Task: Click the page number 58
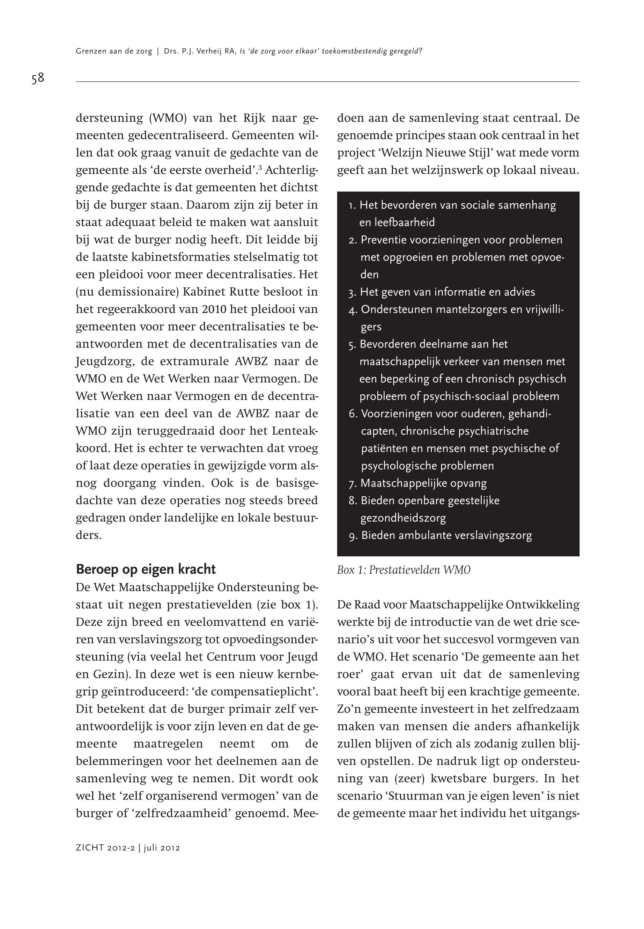tap(38, 78)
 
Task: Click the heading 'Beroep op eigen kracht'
tap(146, 569)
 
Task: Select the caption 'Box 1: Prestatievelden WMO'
tap(404, 570)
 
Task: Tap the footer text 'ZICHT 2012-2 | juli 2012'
tap(127, 848)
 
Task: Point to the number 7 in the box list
tap(352, 484)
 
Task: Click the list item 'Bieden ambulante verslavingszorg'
tap(446, 536)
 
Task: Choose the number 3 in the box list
tap(352, 293)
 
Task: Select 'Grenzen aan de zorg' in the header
tap(114, 51)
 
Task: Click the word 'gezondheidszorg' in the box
tap(403, 518)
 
